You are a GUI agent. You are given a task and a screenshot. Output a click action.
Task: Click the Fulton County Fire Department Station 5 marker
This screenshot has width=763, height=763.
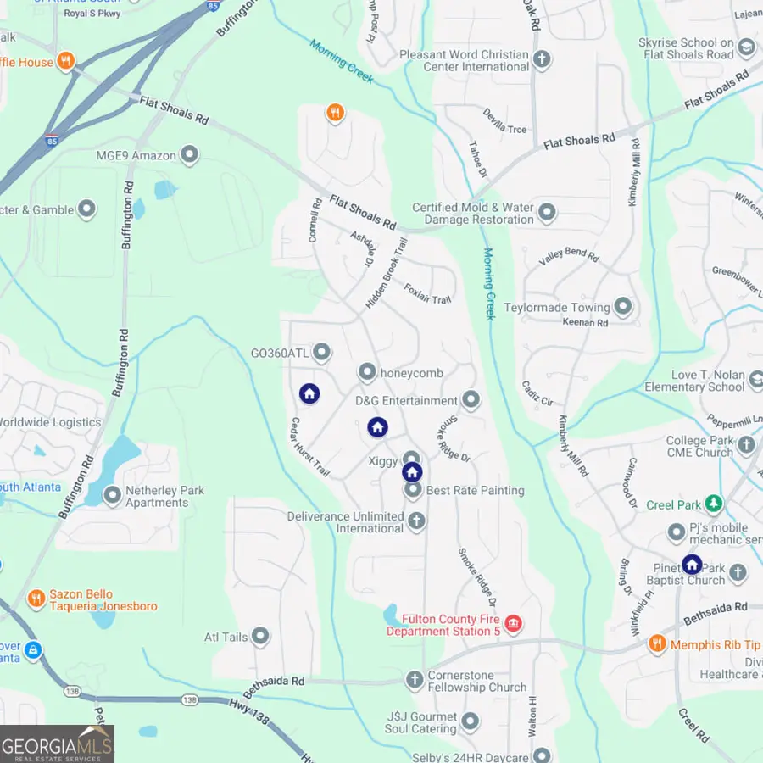513,625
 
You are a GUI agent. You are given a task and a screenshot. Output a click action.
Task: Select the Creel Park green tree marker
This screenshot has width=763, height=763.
715,504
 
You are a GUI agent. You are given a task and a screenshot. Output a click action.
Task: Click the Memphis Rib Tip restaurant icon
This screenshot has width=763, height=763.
656,644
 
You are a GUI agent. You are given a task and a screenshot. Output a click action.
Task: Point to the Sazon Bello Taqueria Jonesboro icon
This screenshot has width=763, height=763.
36,599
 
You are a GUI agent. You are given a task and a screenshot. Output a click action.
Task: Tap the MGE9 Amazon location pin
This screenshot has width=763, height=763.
189,155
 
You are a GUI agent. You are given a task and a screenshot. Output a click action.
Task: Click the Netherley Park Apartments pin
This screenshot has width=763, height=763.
112,495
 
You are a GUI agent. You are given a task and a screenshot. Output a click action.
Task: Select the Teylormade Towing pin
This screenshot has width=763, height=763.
623,307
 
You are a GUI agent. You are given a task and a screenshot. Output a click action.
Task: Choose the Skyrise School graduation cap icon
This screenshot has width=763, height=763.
746,47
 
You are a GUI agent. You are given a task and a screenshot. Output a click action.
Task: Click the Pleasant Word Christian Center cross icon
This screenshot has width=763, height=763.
542,60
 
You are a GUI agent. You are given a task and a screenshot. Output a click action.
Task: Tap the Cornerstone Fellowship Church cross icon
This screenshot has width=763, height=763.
415,680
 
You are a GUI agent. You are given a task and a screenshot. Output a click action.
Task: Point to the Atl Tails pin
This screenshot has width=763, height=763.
260,636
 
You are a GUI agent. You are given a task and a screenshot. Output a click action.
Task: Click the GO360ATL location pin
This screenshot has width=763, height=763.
321,352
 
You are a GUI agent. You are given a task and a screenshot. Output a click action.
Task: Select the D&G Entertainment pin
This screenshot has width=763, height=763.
471,400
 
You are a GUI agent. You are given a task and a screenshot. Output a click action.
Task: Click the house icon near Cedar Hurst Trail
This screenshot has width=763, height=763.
309,393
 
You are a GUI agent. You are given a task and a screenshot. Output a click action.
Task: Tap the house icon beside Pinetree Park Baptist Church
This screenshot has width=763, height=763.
692,564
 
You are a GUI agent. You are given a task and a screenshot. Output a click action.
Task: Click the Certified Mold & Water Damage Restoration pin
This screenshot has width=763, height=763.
547,213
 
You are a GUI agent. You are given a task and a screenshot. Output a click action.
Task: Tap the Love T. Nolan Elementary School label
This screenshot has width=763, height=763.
695,381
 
